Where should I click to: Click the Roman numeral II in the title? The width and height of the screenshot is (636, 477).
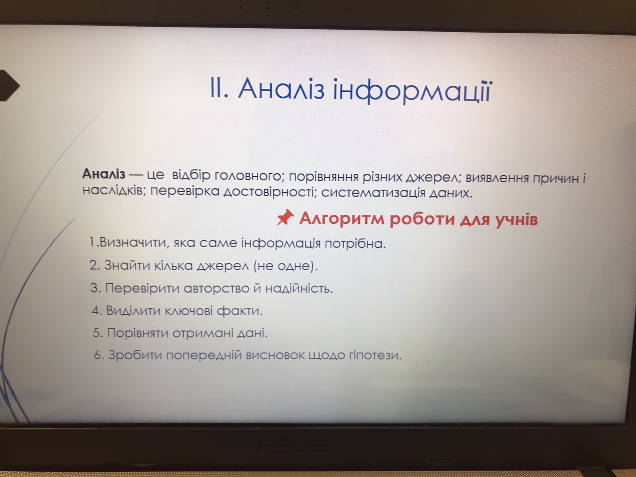219,88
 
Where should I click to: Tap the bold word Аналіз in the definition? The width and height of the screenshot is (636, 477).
104,174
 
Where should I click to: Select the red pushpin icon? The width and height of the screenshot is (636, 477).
285,217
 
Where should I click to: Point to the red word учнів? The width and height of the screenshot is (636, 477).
517,220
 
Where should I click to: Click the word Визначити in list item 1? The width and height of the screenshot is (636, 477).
133,242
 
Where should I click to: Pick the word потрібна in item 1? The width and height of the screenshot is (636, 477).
355,244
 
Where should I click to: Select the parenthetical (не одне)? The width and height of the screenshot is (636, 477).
285,266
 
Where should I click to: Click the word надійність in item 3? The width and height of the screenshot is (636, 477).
299,289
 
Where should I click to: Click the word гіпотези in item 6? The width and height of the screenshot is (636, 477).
375,355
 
